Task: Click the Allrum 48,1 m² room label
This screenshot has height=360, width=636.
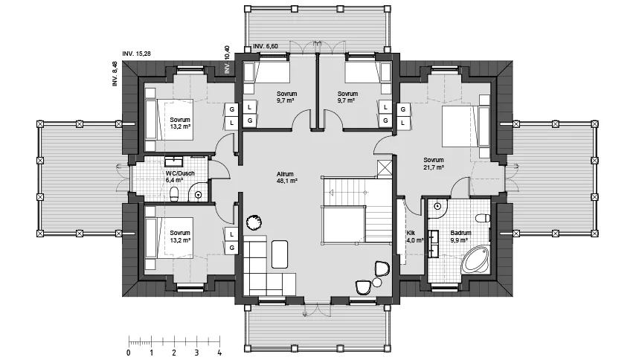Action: (x=287, y=178)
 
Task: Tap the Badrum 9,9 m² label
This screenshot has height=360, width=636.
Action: (x=460, y=236)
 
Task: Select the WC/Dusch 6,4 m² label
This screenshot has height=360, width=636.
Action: (x=180, y=176)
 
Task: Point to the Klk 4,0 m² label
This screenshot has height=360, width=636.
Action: (x=414, y=237)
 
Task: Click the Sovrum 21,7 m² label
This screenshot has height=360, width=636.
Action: (x=434, y=164)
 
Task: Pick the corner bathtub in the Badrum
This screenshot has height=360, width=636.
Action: (x=476, y=259)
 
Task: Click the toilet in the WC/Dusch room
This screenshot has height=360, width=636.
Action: (x=175, y=194)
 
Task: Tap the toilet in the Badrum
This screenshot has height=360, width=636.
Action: (x=483, y=218)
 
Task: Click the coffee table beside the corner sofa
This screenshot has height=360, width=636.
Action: (x=280, y=254)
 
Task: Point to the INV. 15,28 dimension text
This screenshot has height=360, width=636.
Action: (x=136, y=54)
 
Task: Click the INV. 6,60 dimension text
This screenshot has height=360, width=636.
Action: (x=266, y=46)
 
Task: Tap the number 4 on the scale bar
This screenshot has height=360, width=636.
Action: (x=219, y=353)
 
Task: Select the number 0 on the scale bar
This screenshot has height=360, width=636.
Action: (x=129, y=353)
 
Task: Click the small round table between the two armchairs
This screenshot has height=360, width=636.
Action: (x=377, y=282)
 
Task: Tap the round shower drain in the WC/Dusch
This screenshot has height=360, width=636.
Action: (x=199, y=195)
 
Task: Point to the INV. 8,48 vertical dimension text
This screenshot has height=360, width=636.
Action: (x=115, y=74)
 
